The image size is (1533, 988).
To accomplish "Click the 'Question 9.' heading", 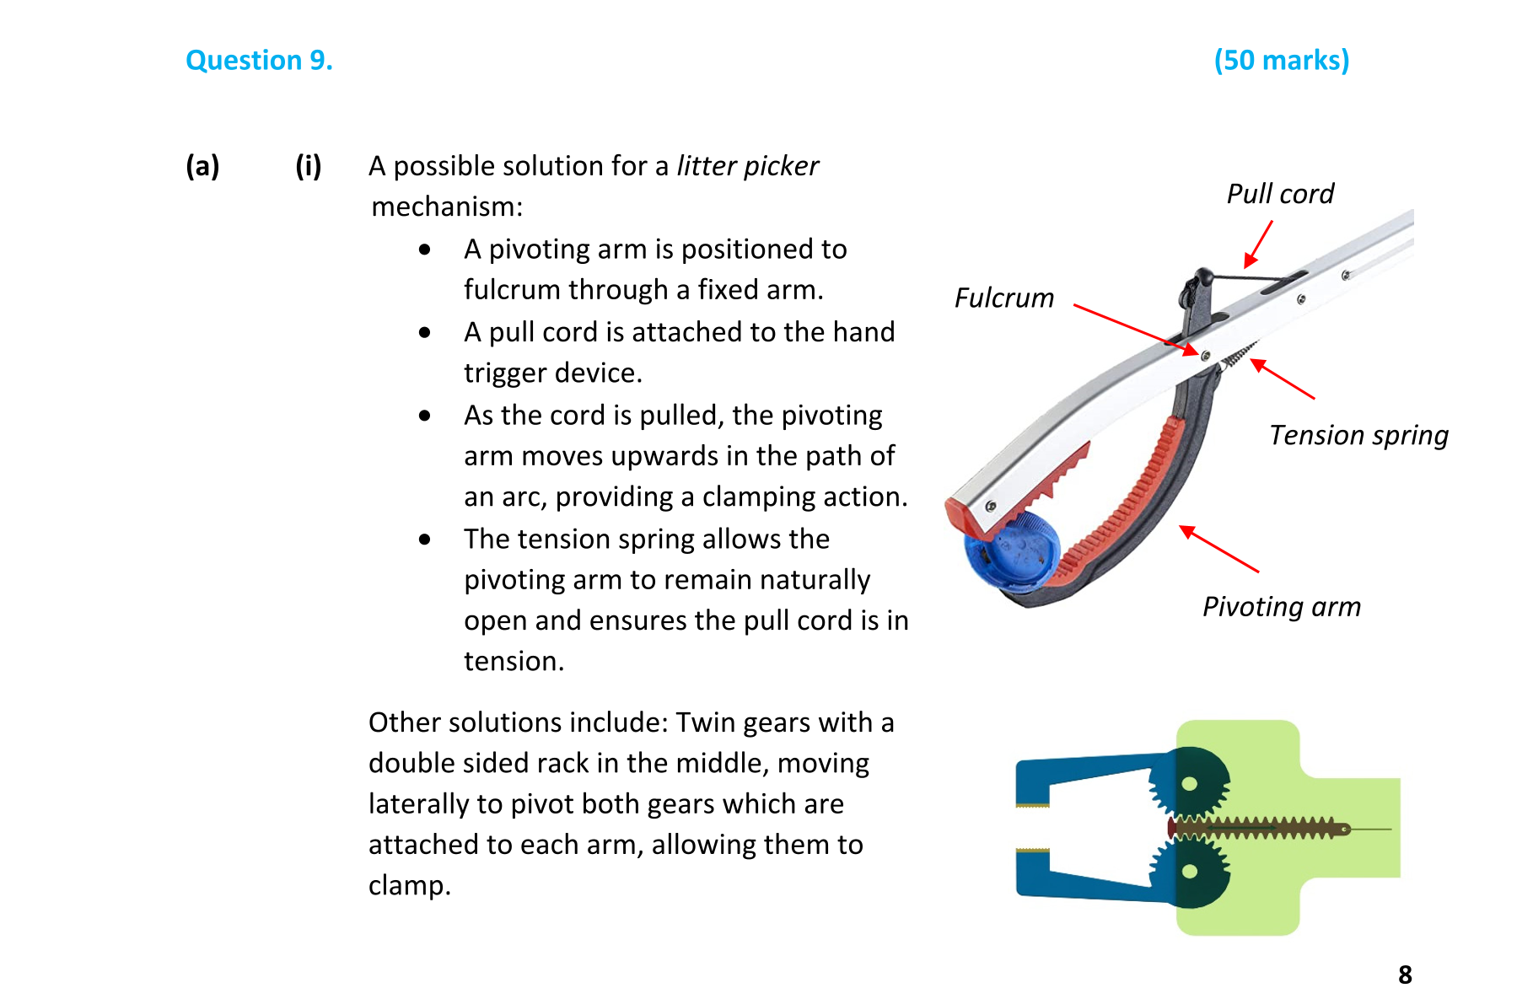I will [x=259, y=61].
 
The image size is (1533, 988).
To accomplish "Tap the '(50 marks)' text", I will [x=1281, y=61].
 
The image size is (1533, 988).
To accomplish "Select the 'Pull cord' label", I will [x=1279, y=194].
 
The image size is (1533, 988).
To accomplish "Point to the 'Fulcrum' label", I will [x=1003, y=298].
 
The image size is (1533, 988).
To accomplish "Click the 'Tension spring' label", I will [x=1358, y=436].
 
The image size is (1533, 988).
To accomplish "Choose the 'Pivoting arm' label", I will [x=1281, y=607].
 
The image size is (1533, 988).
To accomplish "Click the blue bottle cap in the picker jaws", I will [x=1011, y=551].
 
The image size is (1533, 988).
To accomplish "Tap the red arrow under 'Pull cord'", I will [x=1258, y=244].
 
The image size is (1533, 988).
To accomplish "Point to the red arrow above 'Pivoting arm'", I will [x=1219, y=549].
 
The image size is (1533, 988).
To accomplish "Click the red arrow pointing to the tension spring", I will [x=1282, y=379].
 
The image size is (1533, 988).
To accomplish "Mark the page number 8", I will [x=1405, y=974].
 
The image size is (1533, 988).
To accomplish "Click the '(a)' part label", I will [x=202, y=166].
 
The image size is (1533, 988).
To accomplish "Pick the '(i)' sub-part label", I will [x=308, y=166].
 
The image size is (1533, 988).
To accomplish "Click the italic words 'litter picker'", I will [x=747, y=166].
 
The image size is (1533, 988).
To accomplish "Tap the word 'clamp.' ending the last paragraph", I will [x=410, y=885].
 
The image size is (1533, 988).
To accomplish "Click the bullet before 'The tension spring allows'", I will [x=424, y=540].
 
